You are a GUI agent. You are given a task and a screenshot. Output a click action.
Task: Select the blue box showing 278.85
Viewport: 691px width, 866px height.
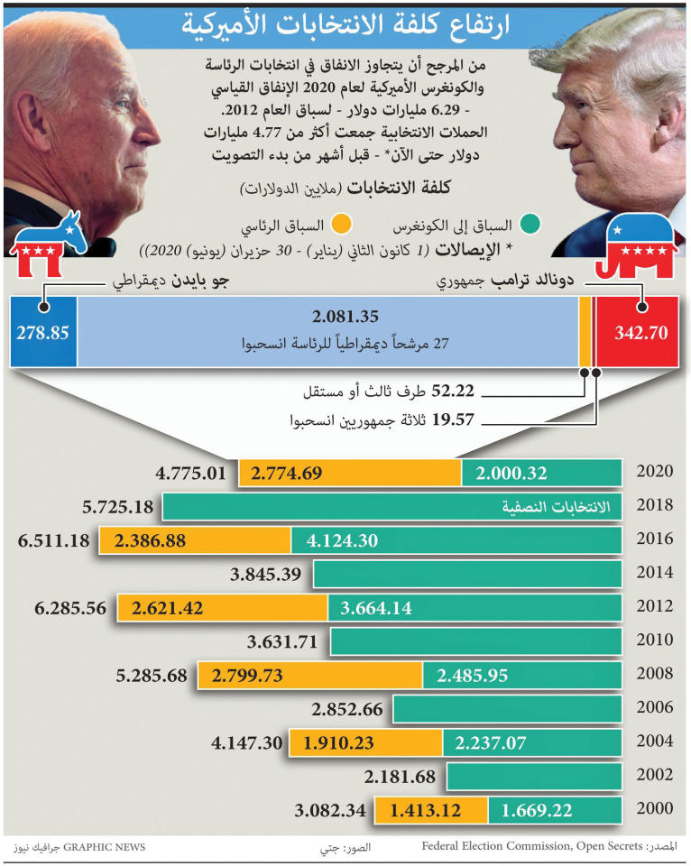(42, 332)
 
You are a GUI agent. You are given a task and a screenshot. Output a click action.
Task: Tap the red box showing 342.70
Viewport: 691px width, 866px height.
(640, 332)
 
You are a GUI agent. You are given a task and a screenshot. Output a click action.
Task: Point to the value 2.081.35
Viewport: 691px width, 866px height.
(345, 317)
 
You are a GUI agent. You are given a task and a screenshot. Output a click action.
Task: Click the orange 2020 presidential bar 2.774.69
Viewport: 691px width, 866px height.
(350, 473)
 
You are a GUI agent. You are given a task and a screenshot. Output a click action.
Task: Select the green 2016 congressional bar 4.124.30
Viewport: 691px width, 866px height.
(456, 540)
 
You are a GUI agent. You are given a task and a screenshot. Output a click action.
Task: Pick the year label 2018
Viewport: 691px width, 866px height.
(655, 506)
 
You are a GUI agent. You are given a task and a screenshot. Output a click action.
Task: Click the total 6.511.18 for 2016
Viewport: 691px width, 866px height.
(53, 540)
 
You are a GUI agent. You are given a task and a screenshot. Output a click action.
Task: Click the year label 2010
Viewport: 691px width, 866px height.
(655, 640)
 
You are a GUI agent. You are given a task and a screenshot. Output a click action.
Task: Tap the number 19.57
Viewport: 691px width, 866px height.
(453, 420)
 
